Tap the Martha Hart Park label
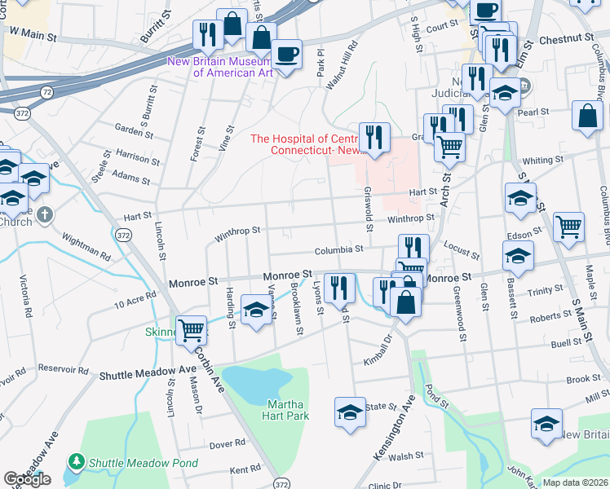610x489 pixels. (x=286, y=409)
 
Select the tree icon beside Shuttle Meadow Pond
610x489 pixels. (x=77, y=461)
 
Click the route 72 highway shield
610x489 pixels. (x=48, y=93)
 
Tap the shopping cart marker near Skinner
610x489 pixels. (x=191, y=329)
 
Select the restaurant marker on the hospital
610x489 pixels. (x=374, y=136)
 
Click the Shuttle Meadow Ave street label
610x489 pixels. (x=148, y=373)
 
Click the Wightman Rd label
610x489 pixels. (x=88, y=242)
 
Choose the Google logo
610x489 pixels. (x=27, y=479)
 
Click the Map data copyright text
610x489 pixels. (x=575, y=482)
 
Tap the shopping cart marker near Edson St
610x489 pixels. (x=568, y=227)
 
